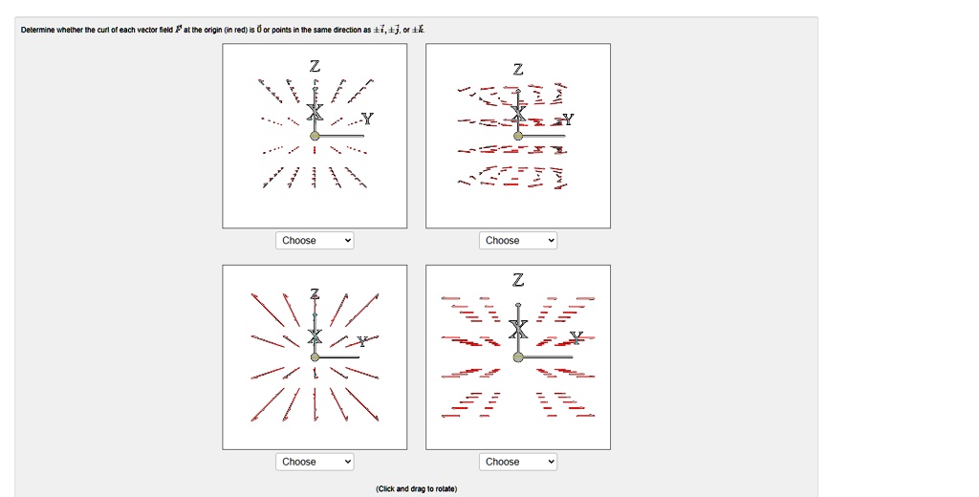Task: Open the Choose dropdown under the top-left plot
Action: coord(315,241)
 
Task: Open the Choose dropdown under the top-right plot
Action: coord(518,241)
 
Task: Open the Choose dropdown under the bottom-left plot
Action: coord(315,462)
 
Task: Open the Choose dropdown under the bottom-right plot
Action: coord(518,462)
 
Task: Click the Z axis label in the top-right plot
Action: coord(518,70)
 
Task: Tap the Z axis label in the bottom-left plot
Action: coord(315,292)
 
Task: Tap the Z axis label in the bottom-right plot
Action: coord(518,280)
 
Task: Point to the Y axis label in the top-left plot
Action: coord(368,119)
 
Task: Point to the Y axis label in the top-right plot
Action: coord(569,119)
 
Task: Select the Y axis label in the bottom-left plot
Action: coord(362,341)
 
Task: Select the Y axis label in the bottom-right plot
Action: coord(576,336)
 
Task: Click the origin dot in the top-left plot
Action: coord(315,136)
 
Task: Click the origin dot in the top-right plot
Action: coord(518,136)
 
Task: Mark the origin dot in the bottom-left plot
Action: coord(315,357)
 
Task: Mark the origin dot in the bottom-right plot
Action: coord(518,357)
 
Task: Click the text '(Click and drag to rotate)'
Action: coord(417,488)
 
